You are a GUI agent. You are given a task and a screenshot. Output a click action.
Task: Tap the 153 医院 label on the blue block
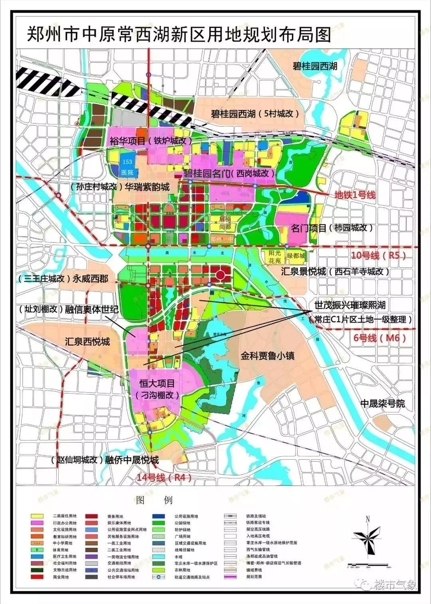pos(127,167)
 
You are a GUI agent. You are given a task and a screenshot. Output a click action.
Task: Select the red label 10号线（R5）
pos(378,255)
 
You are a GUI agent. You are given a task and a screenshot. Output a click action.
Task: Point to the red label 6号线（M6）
pos(380,338)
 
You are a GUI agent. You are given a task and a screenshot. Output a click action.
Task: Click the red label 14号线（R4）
pos(164,477)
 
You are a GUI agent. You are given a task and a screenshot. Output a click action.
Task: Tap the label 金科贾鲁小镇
pos(267,356)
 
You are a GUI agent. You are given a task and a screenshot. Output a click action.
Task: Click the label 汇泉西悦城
pos(87,342)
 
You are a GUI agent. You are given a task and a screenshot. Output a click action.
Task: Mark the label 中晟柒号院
pos(382,403)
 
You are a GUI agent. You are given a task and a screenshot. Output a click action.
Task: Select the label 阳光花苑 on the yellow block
pos(275,257)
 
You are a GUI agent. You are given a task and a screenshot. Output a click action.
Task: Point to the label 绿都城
pos(296,256)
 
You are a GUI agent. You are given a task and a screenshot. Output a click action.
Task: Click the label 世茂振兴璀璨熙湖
pos(350,305)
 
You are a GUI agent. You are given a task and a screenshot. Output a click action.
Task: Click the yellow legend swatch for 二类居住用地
pos(37,516)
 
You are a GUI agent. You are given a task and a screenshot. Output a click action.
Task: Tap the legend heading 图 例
pos(154,500)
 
